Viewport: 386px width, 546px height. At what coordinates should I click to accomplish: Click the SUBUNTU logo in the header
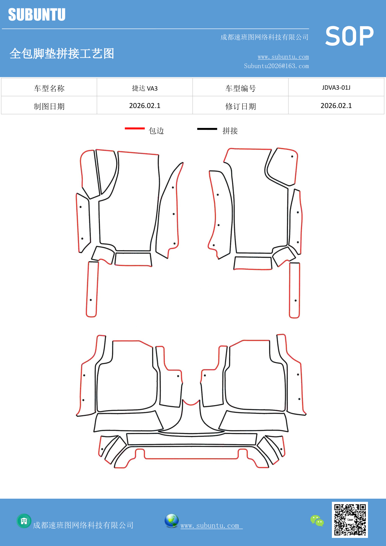click(x=37, y=15)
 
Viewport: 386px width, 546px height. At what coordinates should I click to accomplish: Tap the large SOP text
click(x=349, y=36)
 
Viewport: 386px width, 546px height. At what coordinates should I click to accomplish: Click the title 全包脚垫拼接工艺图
click(x=62, y=53)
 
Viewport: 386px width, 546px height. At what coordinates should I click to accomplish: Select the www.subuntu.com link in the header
click(x=283, y=57)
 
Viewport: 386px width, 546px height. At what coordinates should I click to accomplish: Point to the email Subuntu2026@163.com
click(x=276, y=66)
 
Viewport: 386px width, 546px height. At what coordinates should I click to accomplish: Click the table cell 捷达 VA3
click(x=145, y=88)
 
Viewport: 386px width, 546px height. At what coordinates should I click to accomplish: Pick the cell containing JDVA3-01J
click(x=336, y=87)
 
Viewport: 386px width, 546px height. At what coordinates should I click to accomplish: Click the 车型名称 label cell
click(x=49, y=88)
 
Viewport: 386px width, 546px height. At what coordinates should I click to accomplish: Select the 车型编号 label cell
click(x=240, y=88)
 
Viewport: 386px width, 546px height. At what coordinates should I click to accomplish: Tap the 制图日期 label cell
click(x=49, y=106)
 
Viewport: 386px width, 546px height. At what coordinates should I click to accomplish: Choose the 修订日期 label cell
click(x=240, y=106)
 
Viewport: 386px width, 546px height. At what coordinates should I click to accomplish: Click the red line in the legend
click(x=135, y=128)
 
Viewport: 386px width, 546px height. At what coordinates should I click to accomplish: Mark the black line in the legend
click(x=207, y=129)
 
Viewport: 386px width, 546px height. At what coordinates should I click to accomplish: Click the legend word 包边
click(x=156, y=131)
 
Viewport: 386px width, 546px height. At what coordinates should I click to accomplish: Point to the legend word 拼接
click(x=230, y=131)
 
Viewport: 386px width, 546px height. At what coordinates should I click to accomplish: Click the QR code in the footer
click(x=350, y=520)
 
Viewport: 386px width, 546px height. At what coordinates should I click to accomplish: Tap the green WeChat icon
click(x=317, y=521)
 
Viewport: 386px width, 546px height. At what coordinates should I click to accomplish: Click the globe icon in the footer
click(x=171, y=521)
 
